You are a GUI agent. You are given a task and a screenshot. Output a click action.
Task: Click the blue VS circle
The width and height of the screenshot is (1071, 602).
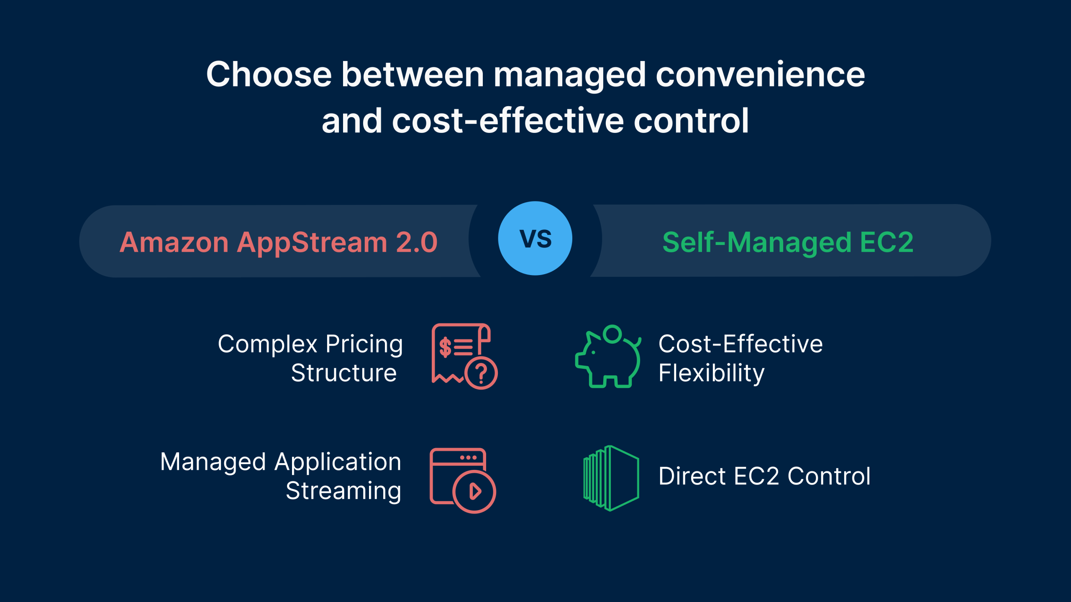535,238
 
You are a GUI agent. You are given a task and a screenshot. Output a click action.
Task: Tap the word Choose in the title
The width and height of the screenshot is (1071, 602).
269,74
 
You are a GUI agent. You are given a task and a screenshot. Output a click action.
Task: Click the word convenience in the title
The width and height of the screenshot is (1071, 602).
760,74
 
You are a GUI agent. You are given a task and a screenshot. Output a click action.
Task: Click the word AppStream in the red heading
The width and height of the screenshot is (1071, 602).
312,242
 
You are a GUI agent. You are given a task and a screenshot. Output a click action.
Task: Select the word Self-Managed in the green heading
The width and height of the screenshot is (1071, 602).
757,242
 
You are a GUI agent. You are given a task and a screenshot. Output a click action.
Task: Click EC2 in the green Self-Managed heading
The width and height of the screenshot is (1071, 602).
887,242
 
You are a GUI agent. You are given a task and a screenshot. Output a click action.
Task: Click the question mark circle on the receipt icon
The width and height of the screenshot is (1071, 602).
481,373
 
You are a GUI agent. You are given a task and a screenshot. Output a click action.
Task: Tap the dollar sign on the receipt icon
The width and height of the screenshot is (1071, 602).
445,347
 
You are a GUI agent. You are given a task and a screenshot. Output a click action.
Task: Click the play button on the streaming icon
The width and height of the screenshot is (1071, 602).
474,492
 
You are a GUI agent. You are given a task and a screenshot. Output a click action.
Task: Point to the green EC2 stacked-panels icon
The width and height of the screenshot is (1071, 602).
611,478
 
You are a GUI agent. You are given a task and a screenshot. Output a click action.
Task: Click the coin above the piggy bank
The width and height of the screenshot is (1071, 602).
612,334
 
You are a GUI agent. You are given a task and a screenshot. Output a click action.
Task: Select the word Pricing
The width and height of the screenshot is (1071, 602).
364,344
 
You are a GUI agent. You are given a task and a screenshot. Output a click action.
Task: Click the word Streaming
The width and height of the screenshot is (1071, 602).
343,491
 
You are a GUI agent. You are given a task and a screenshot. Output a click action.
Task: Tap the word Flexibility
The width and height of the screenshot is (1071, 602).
711,373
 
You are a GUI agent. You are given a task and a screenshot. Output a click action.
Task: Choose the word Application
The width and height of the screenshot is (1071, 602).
338,462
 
